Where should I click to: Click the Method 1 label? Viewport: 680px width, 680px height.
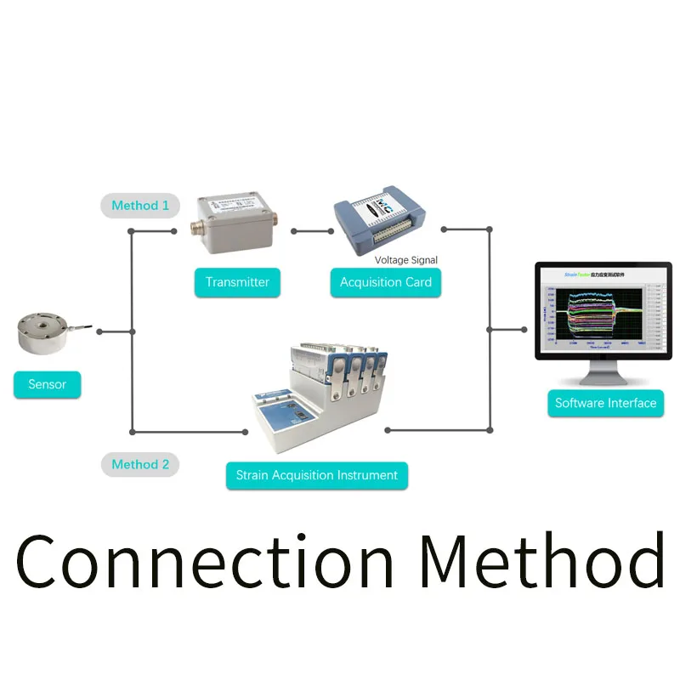pyautogui.click(x=140, y=206)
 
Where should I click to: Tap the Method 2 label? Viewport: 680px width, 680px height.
pyautogui.click(x=140, y=464)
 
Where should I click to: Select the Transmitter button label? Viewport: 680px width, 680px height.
pyautogui.click(x=237, y=282)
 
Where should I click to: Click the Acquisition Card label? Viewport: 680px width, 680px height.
pyautogui.click(x=385, y=282)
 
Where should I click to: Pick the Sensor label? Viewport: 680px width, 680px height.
pyautogui.click(x=47, y=384)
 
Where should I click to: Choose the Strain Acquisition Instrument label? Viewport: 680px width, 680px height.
pyautogui.click(x=316, y=475)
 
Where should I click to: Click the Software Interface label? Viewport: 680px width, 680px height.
pyautogui.click(x=605, y=403)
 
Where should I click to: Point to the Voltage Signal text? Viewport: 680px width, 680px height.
pyautogui.click(x=406, y=260)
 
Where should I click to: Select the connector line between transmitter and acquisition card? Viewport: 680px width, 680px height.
pyautogui.click(x=312, y=230)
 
